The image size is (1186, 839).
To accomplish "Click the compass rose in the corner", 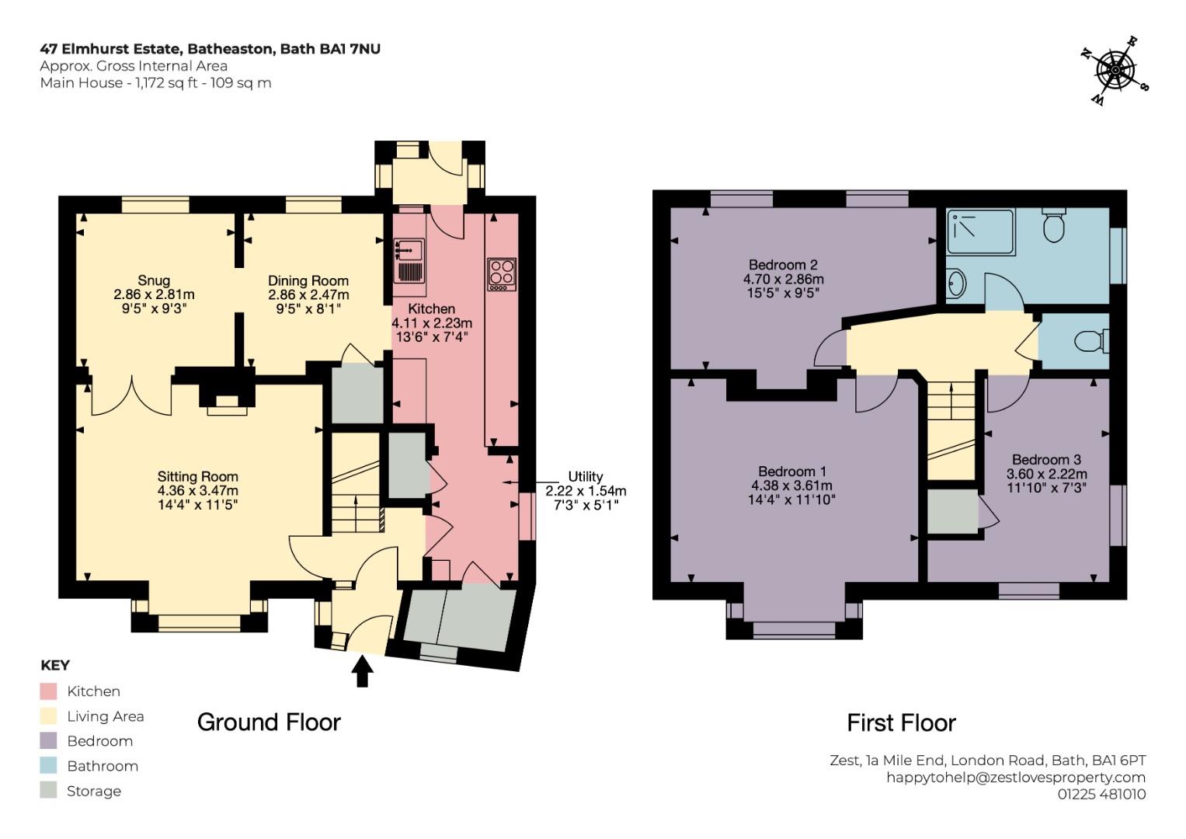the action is click(x=1115, y=71).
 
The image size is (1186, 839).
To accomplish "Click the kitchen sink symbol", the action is click(x=409, y=260).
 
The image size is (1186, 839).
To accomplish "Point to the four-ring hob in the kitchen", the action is click(x=502, y=274).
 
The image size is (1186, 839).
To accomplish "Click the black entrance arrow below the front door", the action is click(x=363, y=671).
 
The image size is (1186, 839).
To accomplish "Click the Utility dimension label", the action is click(x=586, y=490).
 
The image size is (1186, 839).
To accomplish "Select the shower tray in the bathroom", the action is click(x=981, y=232).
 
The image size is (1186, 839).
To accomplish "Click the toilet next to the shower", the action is click(x=1054, y=225).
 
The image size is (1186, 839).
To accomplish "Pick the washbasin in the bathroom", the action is click(x=956, y=284).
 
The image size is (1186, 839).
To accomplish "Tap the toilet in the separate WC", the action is click(x=1092, y=340).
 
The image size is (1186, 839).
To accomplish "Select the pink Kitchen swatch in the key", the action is click(x=48, y=691).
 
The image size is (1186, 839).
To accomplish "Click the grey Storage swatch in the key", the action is click(x=48, y=790).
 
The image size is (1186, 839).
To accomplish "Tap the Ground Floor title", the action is click(x=269, y=722).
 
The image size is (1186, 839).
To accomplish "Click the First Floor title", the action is click(x=901, y=722).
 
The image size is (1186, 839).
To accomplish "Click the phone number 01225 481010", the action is click(x=1102, y=794).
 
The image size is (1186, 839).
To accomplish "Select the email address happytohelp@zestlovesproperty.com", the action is click(x=1016, y=778).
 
